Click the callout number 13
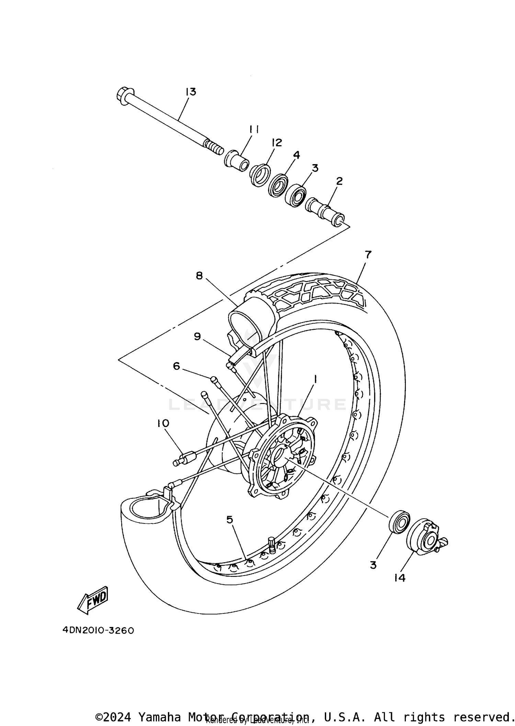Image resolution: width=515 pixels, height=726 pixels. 191,92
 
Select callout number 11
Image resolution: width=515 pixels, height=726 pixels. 254,129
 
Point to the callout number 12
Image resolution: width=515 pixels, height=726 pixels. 276,142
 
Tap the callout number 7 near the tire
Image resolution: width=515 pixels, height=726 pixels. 368,255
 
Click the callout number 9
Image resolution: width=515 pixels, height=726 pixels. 197,336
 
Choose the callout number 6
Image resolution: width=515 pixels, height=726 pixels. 176,366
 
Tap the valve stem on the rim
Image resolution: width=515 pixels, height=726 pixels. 271,545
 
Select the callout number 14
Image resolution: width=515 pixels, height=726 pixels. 400,578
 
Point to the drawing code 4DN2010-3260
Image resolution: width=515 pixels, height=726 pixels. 98,631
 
